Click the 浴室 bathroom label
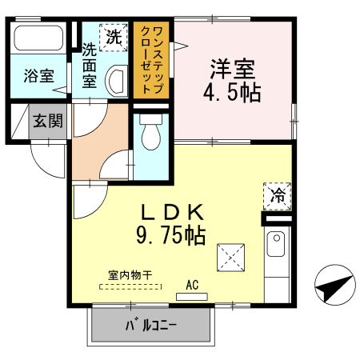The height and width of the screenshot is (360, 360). tap(38, 77)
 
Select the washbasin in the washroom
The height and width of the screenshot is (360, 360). tap(116, 79)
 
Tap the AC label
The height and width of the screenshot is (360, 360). tap(192, 284)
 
